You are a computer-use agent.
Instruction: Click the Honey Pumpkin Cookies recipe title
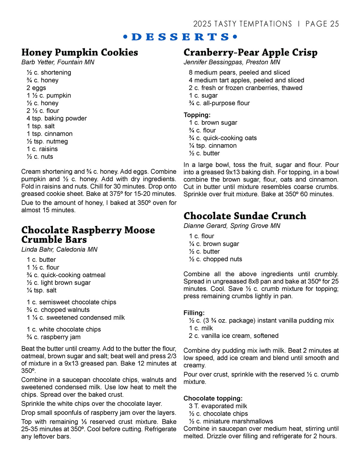click(x=79, y=53)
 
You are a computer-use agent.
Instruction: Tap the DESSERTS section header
click(x=180, y=37)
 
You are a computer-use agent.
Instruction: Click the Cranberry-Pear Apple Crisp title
click(x=250, y=53)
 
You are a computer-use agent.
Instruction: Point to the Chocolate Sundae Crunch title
click(x=245, y=216)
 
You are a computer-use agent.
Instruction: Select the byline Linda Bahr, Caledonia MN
click(x=59, y=249)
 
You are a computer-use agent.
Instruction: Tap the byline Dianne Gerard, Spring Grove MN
click(x=232, y=226)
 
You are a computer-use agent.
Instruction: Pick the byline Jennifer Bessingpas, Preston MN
click(x=232, y=62)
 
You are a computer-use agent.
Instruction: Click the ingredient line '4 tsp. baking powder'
click(x=56, y=119)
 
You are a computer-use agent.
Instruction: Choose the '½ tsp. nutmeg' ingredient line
click(x=47, y=141)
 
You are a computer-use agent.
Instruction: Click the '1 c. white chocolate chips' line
click(x=64, y=329)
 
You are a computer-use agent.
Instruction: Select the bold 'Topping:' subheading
click(x=197, y=115)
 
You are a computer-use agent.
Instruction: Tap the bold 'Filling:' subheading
click(x=194, y=313)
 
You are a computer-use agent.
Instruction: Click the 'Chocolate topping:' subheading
click(x=213, y=398)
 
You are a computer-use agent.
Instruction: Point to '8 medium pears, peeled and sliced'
click(x=239, y=73)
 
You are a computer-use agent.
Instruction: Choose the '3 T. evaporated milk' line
click(x=218, y=406)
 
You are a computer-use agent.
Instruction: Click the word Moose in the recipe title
click(x=139, y=230)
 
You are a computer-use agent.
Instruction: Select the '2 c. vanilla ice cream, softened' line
click(x=233, y=336)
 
